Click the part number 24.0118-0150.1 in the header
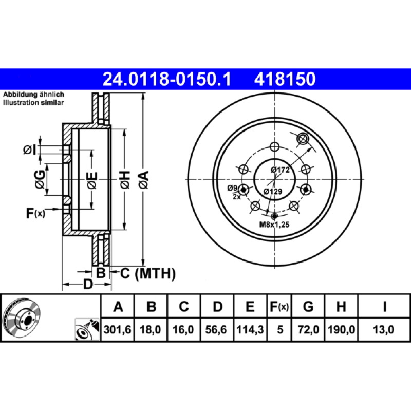coord(166,79)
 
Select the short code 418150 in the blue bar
coord(285,79)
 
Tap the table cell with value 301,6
coord(118,329)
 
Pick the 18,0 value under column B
coord(150,329)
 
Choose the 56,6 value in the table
coord(216,329)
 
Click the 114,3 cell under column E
coord(250,329)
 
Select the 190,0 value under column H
coord(341,329)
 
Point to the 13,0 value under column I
coord(383,329)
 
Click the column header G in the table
coord(308,306)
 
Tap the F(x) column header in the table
coord(279,306)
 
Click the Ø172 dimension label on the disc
coord(280,170)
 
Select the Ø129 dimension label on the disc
coord(273,191)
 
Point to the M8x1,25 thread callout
coord(274,225)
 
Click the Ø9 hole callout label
coord(232,188)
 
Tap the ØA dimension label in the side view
coord(144,180)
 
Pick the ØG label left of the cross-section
coord(40,179)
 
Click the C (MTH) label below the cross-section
coord(148,273)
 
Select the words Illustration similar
coord(33,102)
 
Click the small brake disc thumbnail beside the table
coord(22,317)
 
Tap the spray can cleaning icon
coord(87,329)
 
